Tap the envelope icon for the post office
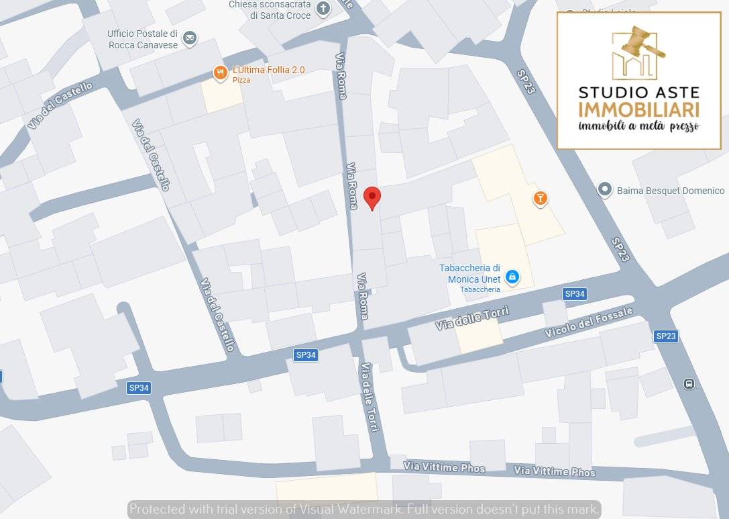point(190,39)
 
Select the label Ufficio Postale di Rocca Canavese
point(142,39)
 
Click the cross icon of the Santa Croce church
point(323,9)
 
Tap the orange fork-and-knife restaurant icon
point(219,73)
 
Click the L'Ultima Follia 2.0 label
point(268,70)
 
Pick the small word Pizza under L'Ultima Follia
point(241,80)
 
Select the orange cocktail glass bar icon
point(540,198)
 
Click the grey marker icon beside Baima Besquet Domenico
point(605,190)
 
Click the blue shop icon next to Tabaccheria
point(512,277)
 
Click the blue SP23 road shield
point(666,336)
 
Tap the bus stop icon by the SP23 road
point(688,384)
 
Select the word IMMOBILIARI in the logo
point(638,109)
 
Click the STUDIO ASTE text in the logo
point(638,92)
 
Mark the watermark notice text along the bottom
point(364,509)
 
